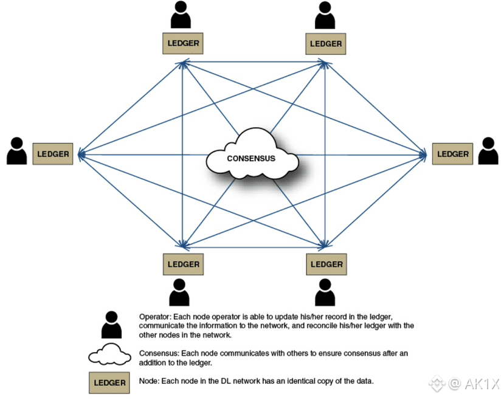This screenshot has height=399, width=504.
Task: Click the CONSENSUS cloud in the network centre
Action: click(x=251, y=158)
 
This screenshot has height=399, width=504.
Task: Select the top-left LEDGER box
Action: click(x=183, y=43)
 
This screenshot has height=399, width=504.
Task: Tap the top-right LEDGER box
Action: click(x=326, y=43)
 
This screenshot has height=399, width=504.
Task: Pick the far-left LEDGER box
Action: click(x=53, y=154)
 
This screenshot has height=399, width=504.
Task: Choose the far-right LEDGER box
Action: click(x=453, y=154)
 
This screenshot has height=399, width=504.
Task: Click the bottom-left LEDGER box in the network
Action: click(x=183, y=264)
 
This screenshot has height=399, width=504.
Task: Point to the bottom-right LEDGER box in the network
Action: click(x=326, y=264)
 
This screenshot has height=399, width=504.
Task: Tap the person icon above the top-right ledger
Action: click(x=325, y=15)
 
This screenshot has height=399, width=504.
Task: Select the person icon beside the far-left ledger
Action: click(x=16, y=151)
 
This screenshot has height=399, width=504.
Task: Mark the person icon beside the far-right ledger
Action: click(x=488, y=151)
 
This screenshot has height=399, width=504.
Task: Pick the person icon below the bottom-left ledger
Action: click(x=179, y=293)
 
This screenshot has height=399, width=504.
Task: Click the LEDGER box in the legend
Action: click(x=109, y=383)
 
